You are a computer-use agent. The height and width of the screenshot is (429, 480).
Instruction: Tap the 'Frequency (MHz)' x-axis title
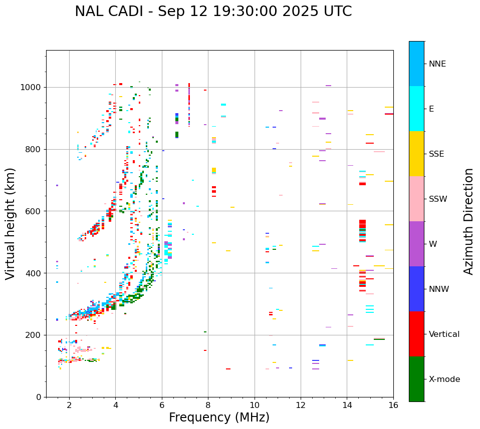coord(219,417)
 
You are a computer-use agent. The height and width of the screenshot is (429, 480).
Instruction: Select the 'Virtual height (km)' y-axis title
coord(11,223)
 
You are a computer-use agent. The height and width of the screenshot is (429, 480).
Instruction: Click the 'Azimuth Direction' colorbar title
coord(468,221)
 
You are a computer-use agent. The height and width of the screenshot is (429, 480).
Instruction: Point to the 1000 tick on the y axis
coord(33,88)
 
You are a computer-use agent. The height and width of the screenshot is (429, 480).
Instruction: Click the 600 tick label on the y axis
coord(35,211)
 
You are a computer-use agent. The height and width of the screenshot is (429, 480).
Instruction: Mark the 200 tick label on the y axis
coord(35,335)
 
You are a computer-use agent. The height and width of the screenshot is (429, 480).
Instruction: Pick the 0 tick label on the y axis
coord(40,397)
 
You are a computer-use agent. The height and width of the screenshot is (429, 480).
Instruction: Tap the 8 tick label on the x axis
coord(208,404)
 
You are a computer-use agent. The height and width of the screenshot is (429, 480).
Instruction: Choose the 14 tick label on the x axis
coord(347,404)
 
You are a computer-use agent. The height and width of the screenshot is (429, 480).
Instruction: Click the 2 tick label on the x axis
coord(69,404)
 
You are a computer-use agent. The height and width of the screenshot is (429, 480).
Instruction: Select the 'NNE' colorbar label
coord(437,64)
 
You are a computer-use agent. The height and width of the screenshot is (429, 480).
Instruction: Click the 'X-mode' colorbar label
coord(444,379)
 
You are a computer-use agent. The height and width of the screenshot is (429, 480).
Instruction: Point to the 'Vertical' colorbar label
coord(444,334)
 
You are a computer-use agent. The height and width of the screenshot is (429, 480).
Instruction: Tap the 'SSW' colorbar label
coord(438,199)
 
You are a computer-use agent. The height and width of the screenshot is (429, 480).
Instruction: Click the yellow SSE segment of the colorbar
coord(416,154)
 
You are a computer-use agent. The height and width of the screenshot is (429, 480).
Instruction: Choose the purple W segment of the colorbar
coord(416,244)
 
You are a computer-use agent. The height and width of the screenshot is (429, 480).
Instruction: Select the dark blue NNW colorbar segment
coord(416,289)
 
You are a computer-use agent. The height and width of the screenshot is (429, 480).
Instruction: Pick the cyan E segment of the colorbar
coord(416,109)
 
